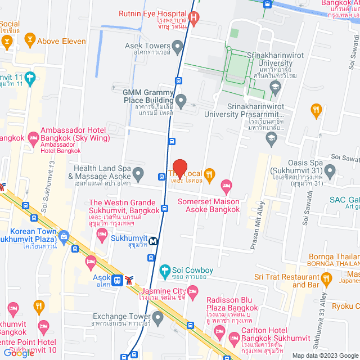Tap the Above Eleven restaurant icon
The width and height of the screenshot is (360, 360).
pyautogui.click(x=29, y=40)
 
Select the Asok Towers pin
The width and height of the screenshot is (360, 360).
pyautogui.click(x=178, y=46)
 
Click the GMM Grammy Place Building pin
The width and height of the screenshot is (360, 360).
pyautogui.click(x=181, y=101)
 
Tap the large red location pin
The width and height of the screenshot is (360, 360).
pyautogui.click(x=179, y=169)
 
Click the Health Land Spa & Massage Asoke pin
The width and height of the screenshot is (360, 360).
pyautogui.click(x=138, y=172)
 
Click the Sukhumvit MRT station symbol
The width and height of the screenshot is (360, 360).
pyautogui.click(x=153, y=240)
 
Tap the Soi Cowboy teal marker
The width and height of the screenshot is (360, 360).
pyautogui.click(x=165, y=271)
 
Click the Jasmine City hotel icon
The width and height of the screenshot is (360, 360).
pyautogui.click(x=193, y=291)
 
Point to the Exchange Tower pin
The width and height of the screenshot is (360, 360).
pyautogui.click(x=158, y=319)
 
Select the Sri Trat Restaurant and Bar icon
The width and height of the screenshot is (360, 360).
pyautogui.click(x=326, y=277)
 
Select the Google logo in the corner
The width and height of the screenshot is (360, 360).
pyautogui.click(x=18, y=353)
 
